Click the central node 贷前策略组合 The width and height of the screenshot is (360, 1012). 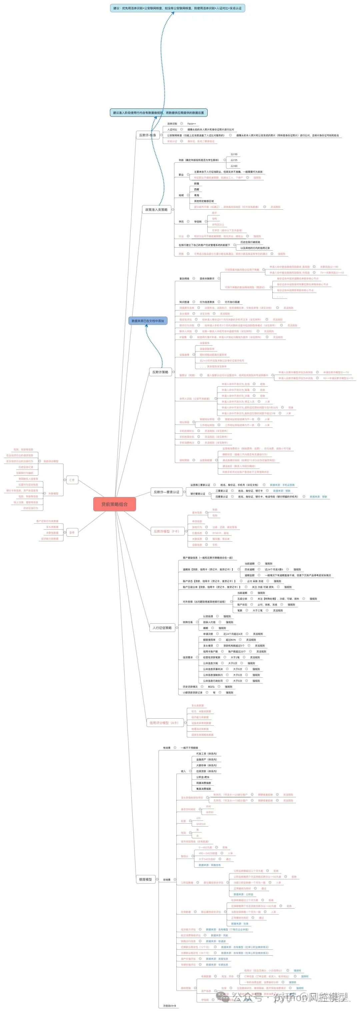coord(114,504)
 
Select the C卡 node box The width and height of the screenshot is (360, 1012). coord(72,480)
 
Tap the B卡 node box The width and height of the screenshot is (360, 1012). coord(72,532)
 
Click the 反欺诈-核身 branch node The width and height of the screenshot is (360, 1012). coord(147,135)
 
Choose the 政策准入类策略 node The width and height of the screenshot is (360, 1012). coord(156,209)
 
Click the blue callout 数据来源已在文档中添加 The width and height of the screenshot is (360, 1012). coord(148,321)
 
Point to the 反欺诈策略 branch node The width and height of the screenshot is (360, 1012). coord(160,372)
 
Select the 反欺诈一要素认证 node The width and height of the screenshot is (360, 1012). coord(166,491)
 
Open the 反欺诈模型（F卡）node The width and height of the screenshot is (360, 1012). coord(166,531)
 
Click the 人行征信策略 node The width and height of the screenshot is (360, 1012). coord(162,628)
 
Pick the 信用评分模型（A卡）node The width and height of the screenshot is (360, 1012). coord(163,722)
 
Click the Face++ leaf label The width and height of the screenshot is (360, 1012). coord(191,123)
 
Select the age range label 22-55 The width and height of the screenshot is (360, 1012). coord(234,160)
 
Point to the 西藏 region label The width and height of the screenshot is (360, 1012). coord(197,189)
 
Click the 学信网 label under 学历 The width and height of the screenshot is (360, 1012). coord(198,222)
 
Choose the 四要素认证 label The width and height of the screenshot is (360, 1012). coord(222,497)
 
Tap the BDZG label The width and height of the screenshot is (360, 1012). coord(211,687)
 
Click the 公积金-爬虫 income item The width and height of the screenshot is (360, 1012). coord(203,777)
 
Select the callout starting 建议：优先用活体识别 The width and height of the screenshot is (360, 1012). coord(177,8)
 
